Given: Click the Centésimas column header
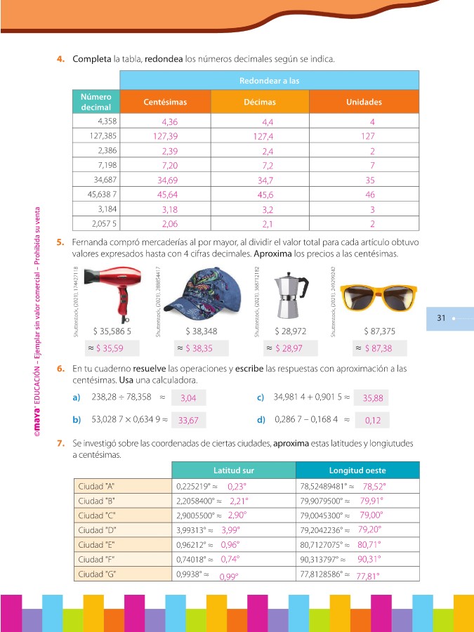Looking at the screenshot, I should pos(165,103).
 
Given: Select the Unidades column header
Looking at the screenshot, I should pos(364,103).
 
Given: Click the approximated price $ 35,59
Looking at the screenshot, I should pos(110,348).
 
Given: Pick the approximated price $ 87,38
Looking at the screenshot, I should pos(378,348).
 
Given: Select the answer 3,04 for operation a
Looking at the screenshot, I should pos(188,398).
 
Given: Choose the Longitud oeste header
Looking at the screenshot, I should pos(357,470).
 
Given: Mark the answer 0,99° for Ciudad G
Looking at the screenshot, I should pos(228,577).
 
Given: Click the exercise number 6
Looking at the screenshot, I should pos(61,369).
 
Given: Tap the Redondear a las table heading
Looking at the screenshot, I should pos(269,81).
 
